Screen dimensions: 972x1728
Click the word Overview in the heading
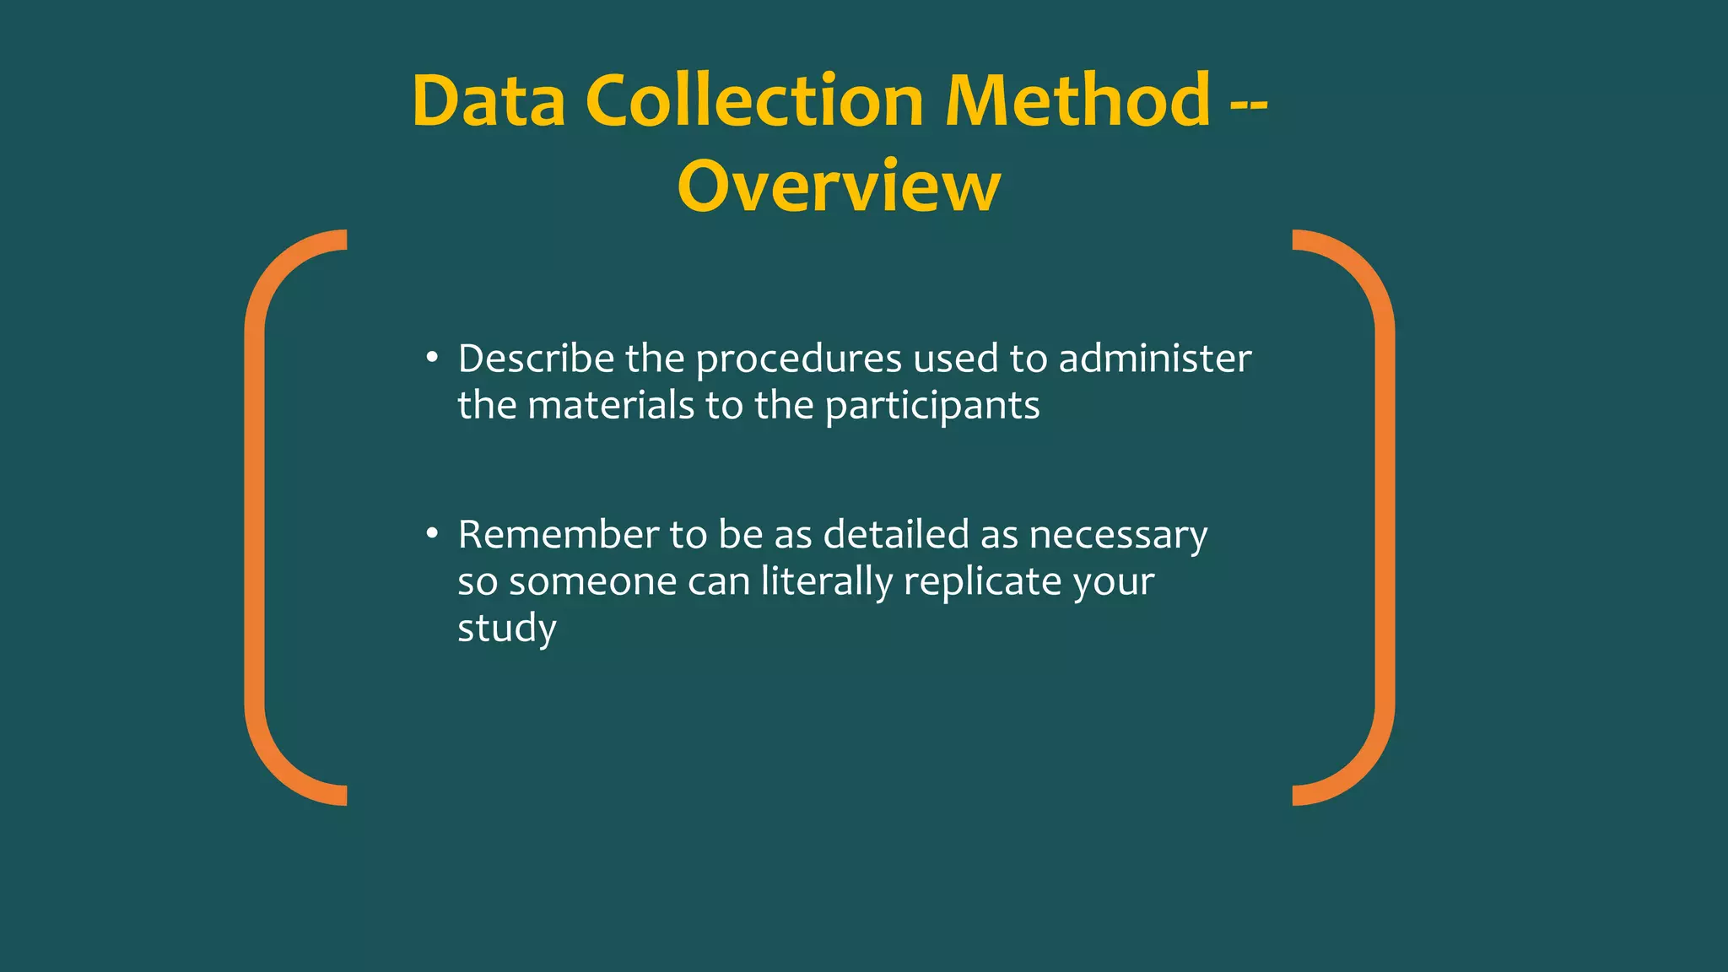(839, 186)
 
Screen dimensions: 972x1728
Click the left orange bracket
(256, 517)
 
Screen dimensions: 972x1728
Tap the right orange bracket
(1384, 517)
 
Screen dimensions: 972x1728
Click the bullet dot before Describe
(432, 358)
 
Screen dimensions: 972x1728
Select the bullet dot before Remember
(432, 533)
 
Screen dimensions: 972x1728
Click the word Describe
(536, 359)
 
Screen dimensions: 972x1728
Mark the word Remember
(559, 535)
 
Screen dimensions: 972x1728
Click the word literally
(826, 582)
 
